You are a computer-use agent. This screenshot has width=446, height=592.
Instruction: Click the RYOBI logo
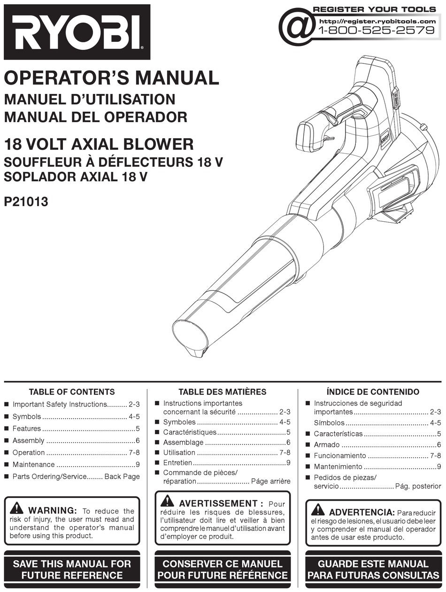77,32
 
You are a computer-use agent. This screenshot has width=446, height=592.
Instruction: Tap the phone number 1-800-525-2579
377,31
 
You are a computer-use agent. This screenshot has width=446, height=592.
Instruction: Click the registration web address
377,21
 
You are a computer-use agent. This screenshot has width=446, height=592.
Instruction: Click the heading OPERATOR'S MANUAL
111,78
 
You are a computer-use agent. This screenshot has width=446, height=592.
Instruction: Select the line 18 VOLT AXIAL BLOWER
99,144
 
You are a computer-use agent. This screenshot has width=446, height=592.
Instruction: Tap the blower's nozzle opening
190,335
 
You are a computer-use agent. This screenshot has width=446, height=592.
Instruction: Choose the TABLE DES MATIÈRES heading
222,391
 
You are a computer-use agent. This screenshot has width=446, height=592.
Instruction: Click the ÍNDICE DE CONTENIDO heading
373,391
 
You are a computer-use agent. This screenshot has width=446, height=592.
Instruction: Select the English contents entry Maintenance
33,465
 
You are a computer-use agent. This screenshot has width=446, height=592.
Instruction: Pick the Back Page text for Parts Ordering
122,476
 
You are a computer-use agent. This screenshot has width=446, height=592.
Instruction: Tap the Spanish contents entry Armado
326,444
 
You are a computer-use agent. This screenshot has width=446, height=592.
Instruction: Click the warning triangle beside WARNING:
17,508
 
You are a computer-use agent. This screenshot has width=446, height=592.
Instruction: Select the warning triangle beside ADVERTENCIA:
318,509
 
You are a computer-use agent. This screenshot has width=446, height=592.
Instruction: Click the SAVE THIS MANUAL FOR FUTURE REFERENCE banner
72,569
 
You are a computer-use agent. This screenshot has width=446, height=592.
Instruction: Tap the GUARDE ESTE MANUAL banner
373,569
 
